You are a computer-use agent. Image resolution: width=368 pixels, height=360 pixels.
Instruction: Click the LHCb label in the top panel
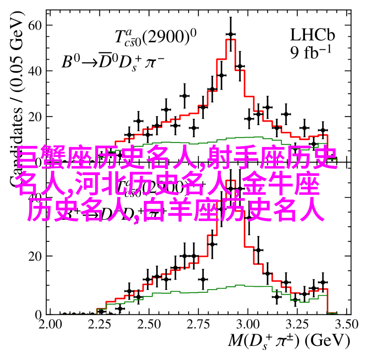(x=312, y=35)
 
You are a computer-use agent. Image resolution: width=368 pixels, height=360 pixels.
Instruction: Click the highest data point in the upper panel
(x=231, y=34)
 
